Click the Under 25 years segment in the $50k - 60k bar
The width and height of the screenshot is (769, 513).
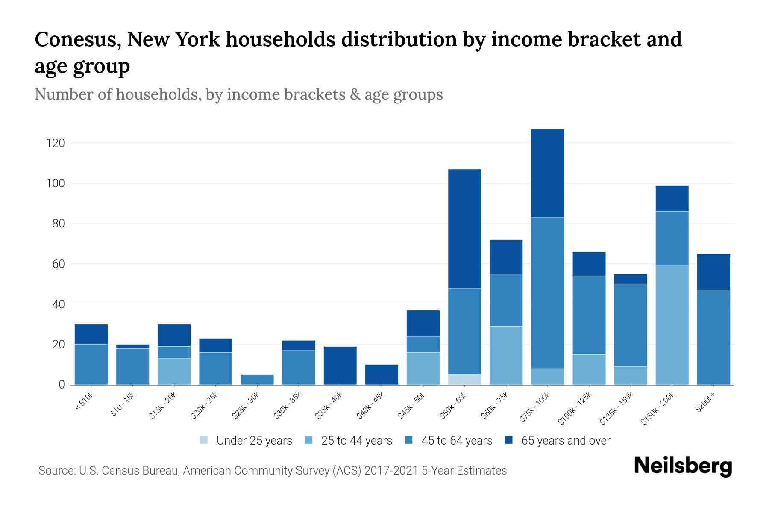pyautogui.click(x=464, y=380)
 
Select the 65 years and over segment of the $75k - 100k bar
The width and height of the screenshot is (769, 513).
pyautogui.click(x=547, y=173)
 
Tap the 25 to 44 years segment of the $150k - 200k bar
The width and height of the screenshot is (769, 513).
pyautogui.click(x=672, y=325)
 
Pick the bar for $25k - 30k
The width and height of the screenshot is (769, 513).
pyautogui.click(x=257, y=380)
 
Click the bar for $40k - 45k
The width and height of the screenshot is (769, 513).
pyautogui.click(x=382, y=374)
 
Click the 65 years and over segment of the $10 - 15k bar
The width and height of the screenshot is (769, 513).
pyautogui.click(x=132, y=346)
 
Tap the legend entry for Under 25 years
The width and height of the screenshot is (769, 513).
pyautogui.click(x=246, y=441)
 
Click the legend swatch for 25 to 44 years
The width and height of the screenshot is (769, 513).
pyautogui.click(x=308, y=440)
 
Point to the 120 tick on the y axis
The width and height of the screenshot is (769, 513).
pyautogui.click(x=56, y=143)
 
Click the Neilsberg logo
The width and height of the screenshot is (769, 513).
pyautogui.click(x=683, y=466)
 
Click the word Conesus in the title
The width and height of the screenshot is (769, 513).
pyautogui.click(x=77, y=40)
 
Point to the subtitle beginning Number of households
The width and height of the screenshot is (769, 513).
pyautogui.click(x=238, y=94)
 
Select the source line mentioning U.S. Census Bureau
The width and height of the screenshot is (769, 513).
pyautogui.click(x=272, y=471)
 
